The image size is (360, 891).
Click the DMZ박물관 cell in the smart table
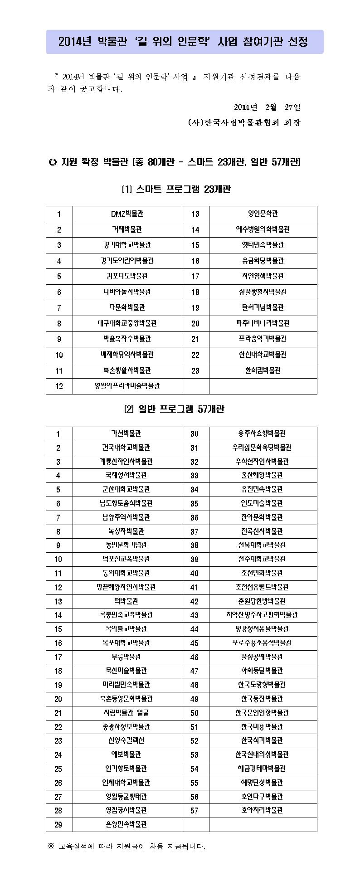(127, 214)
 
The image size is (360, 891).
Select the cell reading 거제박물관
(127, 229)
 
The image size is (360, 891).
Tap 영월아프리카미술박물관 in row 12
(127, 386)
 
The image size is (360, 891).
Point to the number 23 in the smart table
(195, 370)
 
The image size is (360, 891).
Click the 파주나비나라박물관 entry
(263, 323)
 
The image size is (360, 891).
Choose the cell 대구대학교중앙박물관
(127, 323)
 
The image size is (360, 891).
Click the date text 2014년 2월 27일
(267, 107)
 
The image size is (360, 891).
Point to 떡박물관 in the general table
(126, 601)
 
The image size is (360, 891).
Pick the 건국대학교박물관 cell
(126, 448)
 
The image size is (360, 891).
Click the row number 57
(195, 810)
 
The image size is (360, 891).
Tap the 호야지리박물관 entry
(263, 810)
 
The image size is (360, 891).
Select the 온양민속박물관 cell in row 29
(126, 824)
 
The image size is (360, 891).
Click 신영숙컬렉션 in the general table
(126, 740)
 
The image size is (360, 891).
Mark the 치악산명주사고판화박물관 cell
(263, 615)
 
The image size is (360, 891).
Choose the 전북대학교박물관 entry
(263, 545)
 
